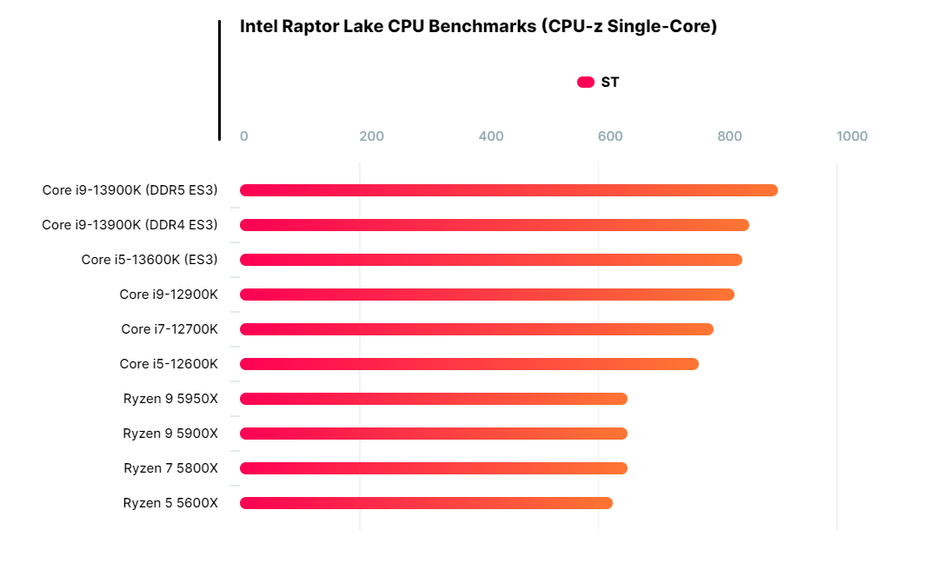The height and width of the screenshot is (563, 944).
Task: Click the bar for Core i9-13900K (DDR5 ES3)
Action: (x=509, y=190)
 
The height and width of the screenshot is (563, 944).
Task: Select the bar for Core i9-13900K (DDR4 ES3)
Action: (x=494, y=225)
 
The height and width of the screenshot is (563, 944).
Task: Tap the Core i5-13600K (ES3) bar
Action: (x=490, y=260)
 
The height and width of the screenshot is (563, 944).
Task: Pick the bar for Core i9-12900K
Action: (x=487, y=295)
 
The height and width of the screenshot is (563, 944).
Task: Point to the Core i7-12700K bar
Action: (x=476, y=329)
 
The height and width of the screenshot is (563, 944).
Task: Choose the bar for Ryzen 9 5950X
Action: (x=433, y=399)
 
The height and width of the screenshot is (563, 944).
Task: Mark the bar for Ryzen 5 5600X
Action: (x=426, y=503)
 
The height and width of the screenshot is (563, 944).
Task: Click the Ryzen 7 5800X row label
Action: (x=170, y=468)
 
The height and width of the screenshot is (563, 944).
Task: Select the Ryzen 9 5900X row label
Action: (x=170, y=434)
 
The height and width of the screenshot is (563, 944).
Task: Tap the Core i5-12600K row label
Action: (x=169, y=364)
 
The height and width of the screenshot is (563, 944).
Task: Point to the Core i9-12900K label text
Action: (x=169, y=295)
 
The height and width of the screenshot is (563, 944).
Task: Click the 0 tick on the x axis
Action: (x=243, y=136)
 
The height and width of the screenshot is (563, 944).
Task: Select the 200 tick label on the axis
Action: (x=371, y=136)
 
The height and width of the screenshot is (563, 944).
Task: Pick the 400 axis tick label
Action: (x=491, y=136)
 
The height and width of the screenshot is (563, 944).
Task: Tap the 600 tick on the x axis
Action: (x=610, y=136)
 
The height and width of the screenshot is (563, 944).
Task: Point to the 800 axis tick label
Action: (x=729, y=136)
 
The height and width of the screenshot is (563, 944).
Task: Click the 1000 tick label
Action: (x=852, y=136)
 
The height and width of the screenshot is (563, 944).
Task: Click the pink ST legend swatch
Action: (x=585, y=83)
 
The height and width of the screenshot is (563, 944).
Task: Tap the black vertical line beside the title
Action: (x=219, y=80)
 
